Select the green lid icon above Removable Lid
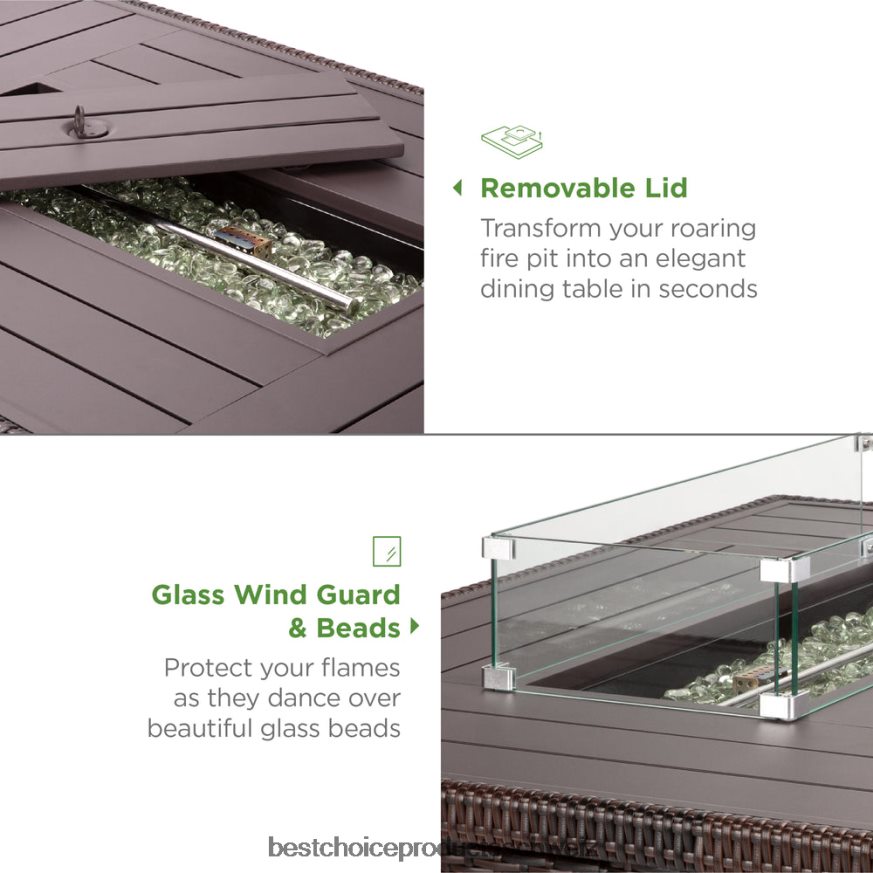[511, 141]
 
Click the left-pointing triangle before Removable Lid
[458, 188]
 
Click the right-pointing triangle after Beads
[414, 627]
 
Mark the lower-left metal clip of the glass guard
[499, 677]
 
